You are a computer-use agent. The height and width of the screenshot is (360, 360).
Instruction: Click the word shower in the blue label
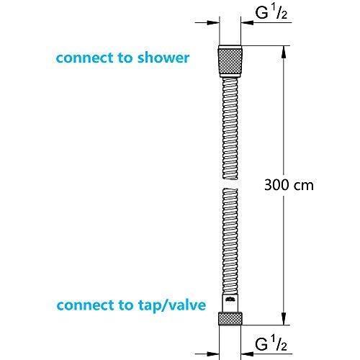pos(163,58)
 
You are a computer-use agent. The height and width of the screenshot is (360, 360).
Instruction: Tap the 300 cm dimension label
pos(289,185)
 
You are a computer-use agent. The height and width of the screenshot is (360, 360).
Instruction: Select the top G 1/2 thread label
pos(271,13)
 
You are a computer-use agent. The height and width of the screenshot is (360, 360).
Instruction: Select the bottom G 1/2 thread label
pos(271,343)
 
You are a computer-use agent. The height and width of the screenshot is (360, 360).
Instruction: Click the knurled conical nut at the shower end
pos(230,61)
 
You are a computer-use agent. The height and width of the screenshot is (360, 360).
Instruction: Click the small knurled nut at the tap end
pos(230,319)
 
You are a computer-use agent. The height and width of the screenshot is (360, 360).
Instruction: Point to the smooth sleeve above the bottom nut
pos(230,303)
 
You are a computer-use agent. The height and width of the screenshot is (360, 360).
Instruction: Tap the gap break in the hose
pos(230,184)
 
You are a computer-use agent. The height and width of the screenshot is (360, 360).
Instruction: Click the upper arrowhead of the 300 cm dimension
pos(284,51)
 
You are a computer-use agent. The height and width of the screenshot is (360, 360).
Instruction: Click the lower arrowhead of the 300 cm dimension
pos(284,319)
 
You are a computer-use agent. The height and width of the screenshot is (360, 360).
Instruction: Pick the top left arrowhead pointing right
pos(213,22)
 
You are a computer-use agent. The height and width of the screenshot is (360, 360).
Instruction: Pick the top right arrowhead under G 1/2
pos(247,22)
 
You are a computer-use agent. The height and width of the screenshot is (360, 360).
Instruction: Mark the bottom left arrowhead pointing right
pos(213,354)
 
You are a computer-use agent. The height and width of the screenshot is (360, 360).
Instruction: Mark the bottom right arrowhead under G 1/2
pos(247,354)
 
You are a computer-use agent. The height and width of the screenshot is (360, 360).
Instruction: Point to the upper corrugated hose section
pos(230,129)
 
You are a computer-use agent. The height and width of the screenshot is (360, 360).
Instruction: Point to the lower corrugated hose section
pos(230,241)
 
